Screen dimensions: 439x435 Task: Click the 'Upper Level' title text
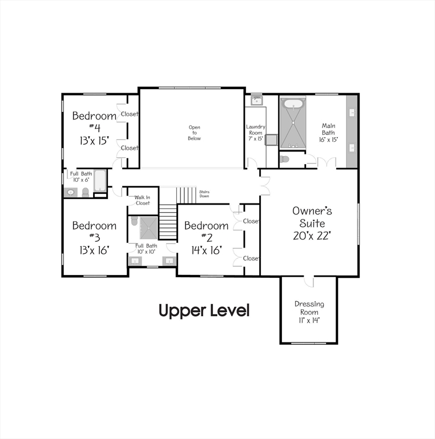[204, 311]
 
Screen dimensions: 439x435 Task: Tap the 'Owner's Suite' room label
[312, 217]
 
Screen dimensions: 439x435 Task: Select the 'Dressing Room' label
[309, 308]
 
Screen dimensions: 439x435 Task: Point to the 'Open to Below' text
[195, 133]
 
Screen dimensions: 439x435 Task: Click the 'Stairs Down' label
[204, 194]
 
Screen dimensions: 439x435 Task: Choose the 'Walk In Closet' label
[142, 200]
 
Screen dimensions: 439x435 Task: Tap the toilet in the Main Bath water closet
[285, 159]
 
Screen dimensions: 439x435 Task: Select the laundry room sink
[257, 102]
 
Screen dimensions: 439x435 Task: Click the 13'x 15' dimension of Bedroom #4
[94, 140]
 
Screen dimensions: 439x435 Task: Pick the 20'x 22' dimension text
[312, 235]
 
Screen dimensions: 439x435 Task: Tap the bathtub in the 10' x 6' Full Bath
[100, 180]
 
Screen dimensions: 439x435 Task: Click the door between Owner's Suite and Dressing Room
[308, 280]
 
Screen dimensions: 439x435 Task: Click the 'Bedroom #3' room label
[94, 231]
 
